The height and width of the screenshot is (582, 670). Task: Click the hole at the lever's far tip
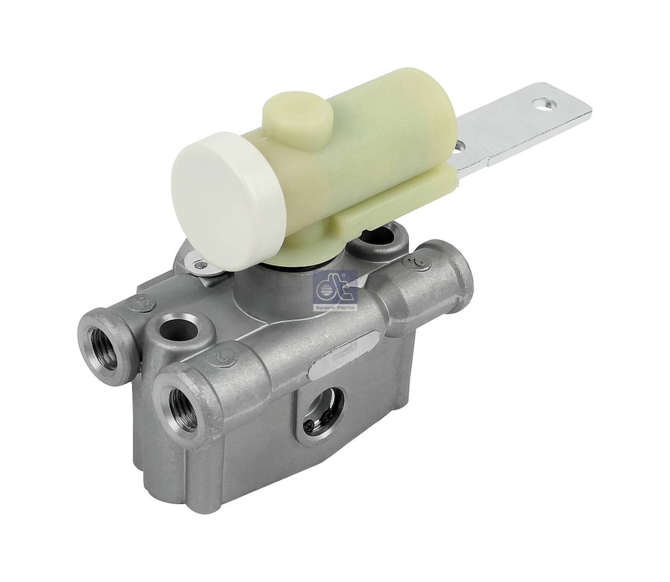click(540, 103)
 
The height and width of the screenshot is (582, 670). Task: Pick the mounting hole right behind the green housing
click(380, 239)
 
